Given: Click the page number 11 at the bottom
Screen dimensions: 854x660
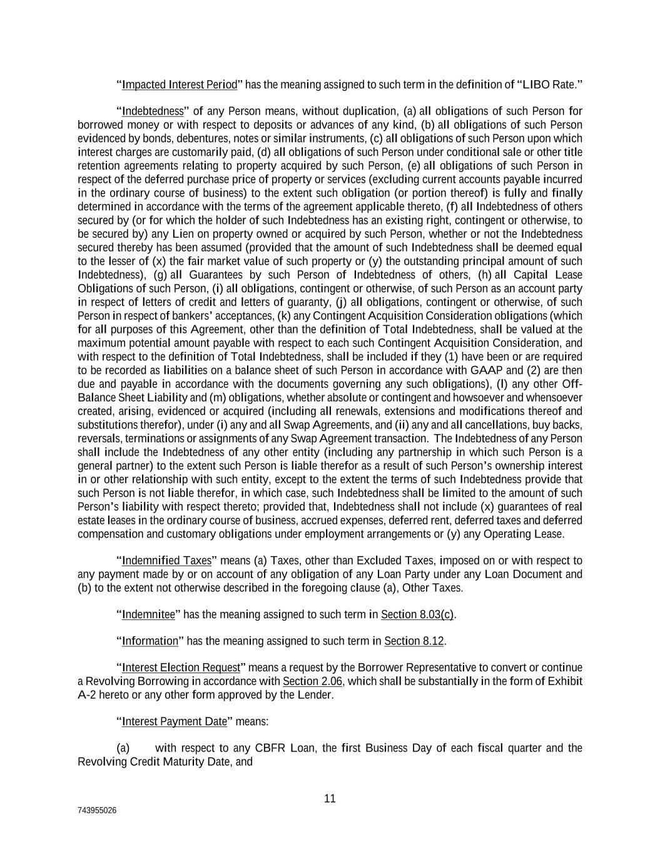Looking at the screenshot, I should click(330, 798).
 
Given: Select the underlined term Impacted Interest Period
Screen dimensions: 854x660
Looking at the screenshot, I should click(180, 84).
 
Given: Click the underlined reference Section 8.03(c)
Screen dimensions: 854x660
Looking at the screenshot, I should click(417, 614).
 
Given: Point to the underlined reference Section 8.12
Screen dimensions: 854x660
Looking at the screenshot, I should click(414, 641).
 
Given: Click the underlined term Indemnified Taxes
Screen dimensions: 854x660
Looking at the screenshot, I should click(166, 560).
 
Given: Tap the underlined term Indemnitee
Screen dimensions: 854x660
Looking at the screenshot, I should click(148, 614).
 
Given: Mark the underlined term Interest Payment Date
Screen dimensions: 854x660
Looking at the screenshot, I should click(174, 721).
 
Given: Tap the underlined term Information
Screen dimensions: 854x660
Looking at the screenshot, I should click(150, 641).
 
